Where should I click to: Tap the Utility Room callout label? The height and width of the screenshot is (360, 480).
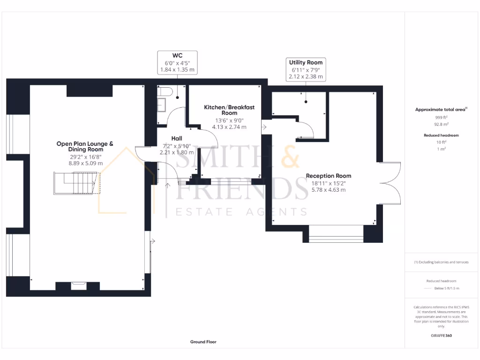click(x=306, y=69)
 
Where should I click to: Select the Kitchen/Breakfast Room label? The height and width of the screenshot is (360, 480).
click(x=229, y=110)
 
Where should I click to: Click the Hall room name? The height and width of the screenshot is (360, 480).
click(x=177, y=138)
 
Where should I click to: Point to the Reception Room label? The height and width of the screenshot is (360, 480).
click(x=328, y=176)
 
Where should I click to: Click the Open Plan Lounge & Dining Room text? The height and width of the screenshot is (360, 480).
click(x=85, y=147)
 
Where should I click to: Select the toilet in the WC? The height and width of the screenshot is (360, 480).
click(x=167, y=91)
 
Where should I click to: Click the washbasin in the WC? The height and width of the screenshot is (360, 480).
click(x=162, y=105)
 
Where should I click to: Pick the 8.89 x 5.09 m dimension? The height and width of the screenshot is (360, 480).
click(x=85, y=164)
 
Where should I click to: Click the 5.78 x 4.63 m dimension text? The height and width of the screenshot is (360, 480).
click(x=328, y=190)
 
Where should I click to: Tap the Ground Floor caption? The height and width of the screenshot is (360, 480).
click(x=203, y=342)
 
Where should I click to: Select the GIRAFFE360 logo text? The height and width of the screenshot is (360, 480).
click(x=441, y=336)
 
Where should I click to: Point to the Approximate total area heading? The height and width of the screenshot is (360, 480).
click(x=441, y=109)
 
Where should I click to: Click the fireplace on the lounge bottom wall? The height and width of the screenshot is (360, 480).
click(x=78, y=284)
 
